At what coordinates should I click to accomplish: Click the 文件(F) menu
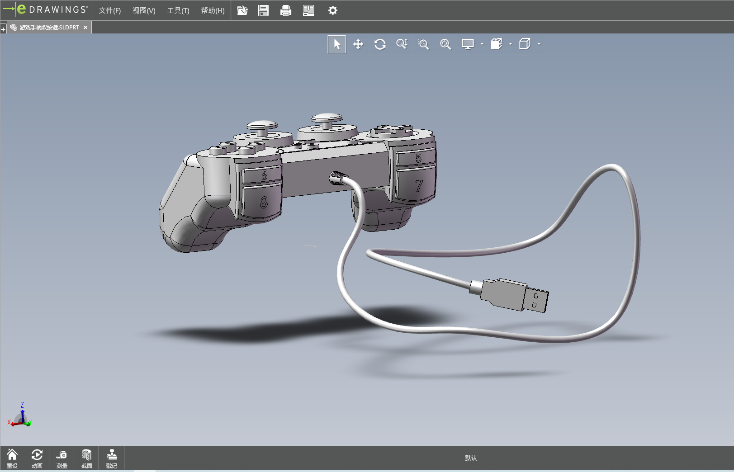[x=110, y=10]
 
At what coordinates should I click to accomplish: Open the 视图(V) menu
[x=144, y=10]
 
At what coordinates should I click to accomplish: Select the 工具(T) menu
[x=178, y=10]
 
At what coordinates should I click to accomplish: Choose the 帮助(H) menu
[x=213, y=10]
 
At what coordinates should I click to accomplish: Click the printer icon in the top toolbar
[x=286, y=10]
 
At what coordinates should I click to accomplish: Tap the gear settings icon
[x=332, y=10]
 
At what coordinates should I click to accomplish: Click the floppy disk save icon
[x=263, y=10]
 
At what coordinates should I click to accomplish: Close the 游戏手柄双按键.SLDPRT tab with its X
[x=85, y=28]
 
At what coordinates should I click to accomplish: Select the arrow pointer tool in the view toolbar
[x=337, y=44]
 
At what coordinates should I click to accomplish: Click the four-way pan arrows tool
[x=358, y=44]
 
